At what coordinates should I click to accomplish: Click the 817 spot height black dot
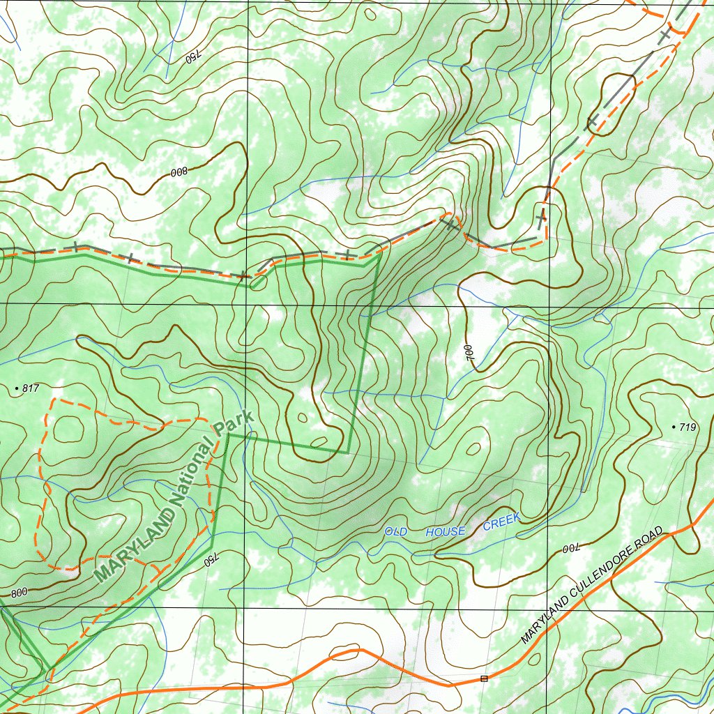pyautogui.click(x=17, y=387)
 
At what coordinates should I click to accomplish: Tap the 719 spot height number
pyautogui.click(x=688, y=427)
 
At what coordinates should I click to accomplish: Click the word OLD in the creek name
pyautogui.click(x=396, y=532)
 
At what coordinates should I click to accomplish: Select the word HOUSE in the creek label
pyautogui.click(x=446, y=532)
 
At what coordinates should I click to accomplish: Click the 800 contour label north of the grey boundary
pyautogui.click(x=178, y=172)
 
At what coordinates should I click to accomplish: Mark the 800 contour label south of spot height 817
pyautogui.click(x=19, y=593)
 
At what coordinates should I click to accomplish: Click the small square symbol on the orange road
pyautogui.click(x=484, y=678)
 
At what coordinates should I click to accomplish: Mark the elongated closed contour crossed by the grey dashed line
pyautogui.click(x=613, y=103)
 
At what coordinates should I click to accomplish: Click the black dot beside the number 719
pyautogui.click(x=673, y=427)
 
